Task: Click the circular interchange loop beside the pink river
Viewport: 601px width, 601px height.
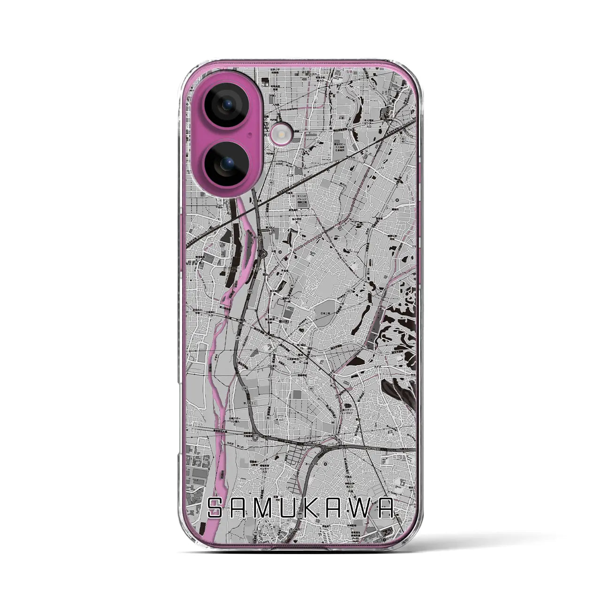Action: tap(264, 254)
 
